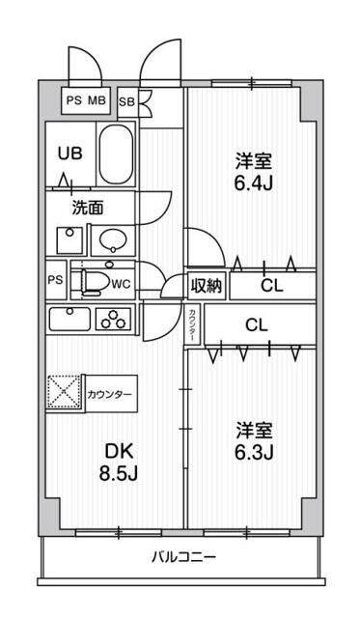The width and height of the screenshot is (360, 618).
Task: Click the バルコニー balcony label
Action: pos(182,557)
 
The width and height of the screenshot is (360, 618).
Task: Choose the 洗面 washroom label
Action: pos(88,207)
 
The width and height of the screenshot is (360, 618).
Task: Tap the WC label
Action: pos(121,284)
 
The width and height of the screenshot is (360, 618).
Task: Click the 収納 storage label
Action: pos(206,285)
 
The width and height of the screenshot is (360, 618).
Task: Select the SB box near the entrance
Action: pos(126,99)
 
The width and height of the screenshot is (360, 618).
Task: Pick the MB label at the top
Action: pos(97,98)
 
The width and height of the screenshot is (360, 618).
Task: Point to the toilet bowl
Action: pos(94,281)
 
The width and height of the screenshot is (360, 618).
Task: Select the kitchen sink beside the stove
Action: pos(68,320)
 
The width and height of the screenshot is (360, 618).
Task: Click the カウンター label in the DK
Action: pos(112,395)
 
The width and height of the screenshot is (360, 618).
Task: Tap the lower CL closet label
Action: pos(257,324)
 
